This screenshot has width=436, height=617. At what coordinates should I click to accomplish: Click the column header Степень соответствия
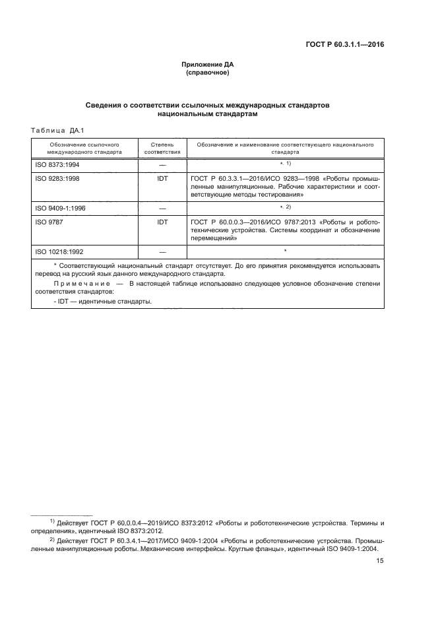[162, 146]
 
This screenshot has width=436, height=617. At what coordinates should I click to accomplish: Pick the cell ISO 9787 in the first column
[46, 222]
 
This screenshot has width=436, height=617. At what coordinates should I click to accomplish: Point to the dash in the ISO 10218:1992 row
[162, 252]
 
